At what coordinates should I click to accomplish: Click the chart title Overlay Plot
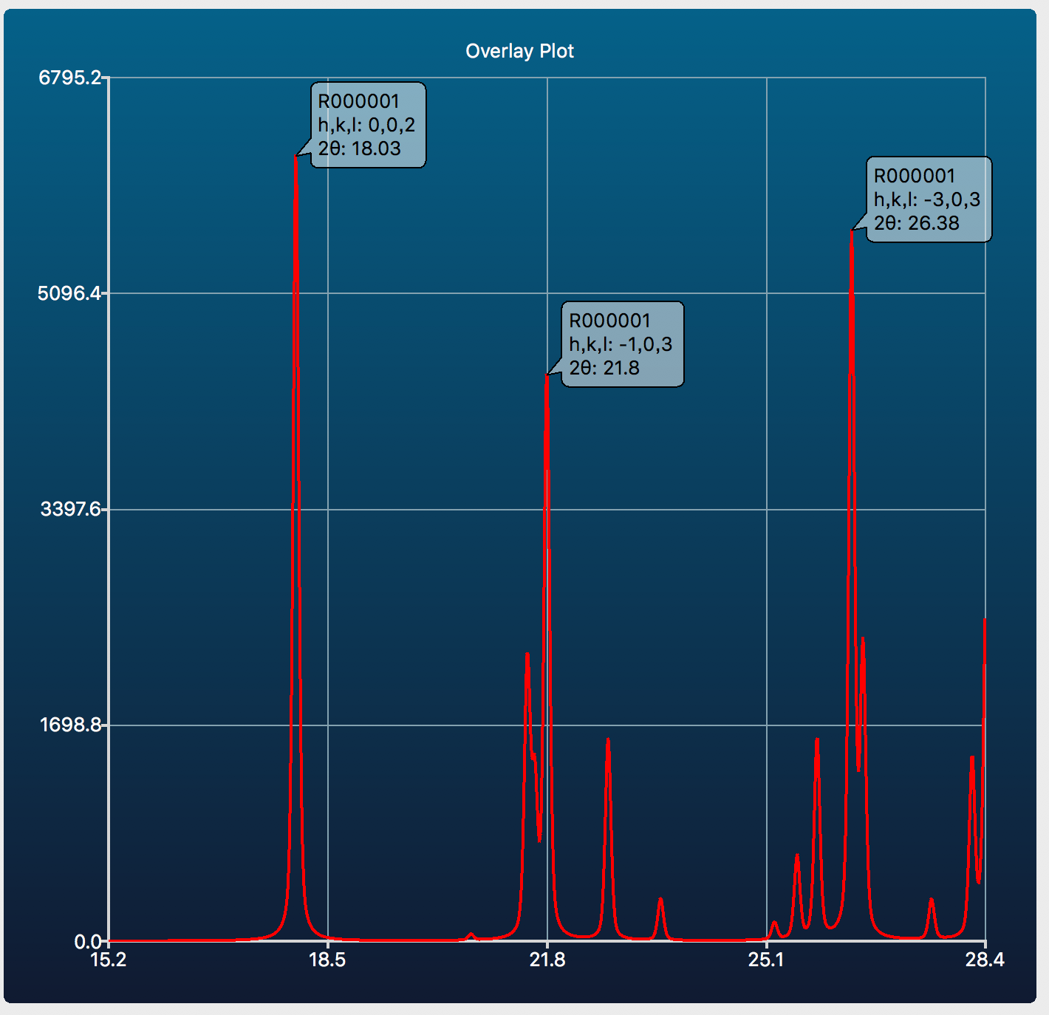(x=519, y=51)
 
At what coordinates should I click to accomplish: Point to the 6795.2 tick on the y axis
(x=69, y=77)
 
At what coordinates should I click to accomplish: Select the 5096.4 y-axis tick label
(x=69, y=293)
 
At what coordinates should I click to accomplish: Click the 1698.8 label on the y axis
(x=69, y=725)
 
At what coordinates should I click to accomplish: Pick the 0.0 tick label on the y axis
(x=88, y=941)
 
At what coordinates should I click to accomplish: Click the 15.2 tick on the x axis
(x=109, y=960)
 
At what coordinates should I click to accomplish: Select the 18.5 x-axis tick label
(x=327, y=960)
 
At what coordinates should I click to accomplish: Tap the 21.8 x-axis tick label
(x=547, y=960)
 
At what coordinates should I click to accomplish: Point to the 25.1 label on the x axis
(x=766, y=960)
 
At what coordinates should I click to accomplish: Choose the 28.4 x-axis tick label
(x=985, y=960)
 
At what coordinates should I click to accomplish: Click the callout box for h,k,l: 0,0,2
(x=368, y=125)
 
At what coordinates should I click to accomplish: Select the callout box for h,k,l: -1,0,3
(x=622, y=344)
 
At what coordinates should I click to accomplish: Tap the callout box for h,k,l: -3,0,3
(x=928, y=199)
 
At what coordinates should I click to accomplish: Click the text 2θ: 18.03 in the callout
(x=360, y=148)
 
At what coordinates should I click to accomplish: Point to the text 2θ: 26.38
(x=917, y=223)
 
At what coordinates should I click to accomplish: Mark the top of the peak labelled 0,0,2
(x=295, y=157)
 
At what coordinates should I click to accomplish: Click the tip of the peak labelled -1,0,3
(x=547, y=376)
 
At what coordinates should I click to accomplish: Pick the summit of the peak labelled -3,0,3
(x=852, y=231)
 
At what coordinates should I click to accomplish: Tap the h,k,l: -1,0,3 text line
(x=621, y=344)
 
